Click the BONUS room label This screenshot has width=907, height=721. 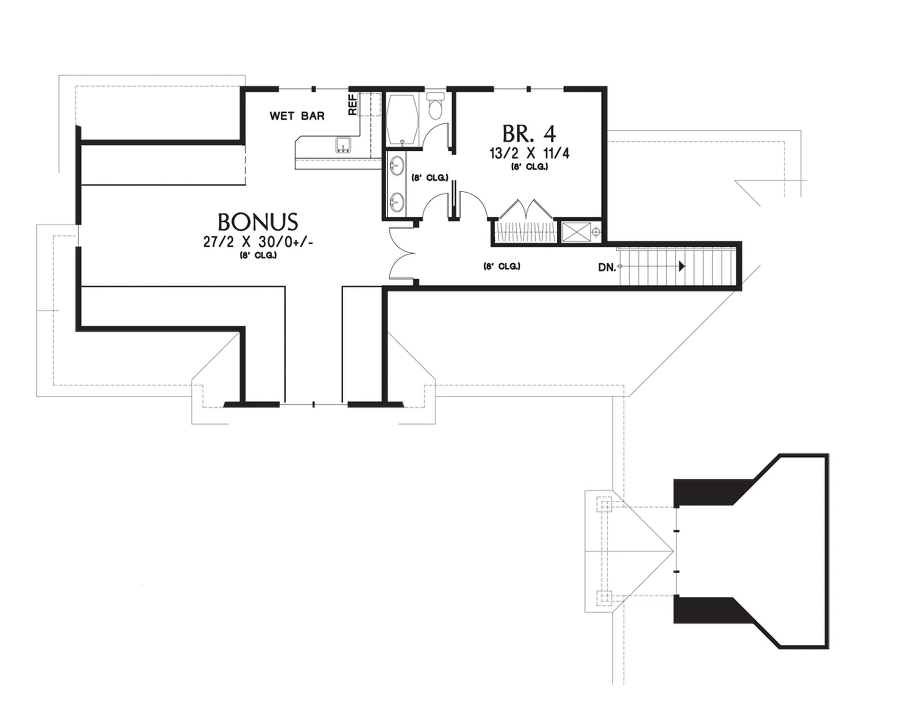point(258,222)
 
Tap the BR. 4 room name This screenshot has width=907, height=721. point(529,134)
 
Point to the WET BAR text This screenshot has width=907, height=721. point(297,116)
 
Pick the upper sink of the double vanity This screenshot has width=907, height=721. point(397,166)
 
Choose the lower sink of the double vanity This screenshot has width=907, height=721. point(397,203)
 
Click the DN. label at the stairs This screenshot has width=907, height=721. point(607,268)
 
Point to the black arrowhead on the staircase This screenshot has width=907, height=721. point(682,266)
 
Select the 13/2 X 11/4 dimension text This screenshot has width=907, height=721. point(529,153)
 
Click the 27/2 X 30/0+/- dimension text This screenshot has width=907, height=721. point(258,242)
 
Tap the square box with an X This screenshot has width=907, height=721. point(576,232)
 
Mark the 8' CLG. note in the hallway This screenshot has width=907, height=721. point(502,266)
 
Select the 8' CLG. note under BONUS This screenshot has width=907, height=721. point(258,256)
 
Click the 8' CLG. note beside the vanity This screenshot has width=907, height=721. point(429,178)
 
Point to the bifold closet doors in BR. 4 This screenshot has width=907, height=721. point(526,209)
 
